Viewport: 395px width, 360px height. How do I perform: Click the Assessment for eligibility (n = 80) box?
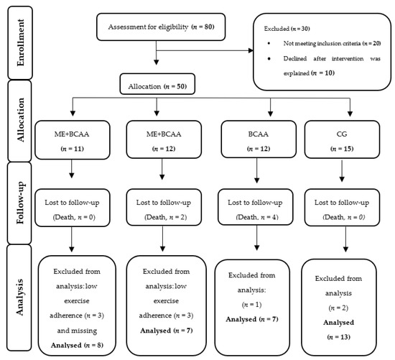pyautogui.click(x=161, y=27)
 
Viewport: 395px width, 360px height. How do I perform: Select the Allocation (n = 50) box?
pyautogui.click(x=157, y=84)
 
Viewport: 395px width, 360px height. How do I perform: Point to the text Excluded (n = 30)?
pyautogui.click(x=287, y=29)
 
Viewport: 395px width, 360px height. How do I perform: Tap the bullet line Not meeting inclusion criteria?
pyautogui.click(x=332, y=43)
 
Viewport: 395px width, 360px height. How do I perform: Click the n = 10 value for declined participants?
pyautogui.click(x=323, y=73)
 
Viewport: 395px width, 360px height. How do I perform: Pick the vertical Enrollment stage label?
pyautogui.click(x=20, y=43)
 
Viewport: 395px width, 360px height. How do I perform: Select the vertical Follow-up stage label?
pyautogui.click(x=19, y=203)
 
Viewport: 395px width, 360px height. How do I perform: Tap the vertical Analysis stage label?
pyautogui.click(x=19, y=297)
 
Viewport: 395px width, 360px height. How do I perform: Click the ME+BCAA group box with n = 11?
pyautogui.click(x=73, y=140)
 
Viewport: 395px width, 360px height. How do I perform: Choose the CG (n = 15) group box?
pyautogui.click(x=342, y=139)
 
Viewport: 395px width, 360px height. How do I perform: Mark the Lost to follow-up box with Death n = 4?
pyautogui.click(x=256, y=207)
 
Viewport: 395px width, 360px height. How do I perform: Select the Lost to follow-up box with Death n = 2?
pyautogui.click(x=164, y=207)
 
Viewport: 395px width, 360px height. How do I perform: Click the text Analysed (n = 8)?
pyautogui.click(x=77, y=345)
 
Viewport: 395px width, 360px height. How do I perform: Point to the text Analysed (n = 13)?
pyautogui.click(x=338, y=330)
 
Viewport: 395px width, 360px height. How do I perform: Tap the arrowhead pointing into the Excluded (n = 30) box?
pyautogui.click(x=251, y=50)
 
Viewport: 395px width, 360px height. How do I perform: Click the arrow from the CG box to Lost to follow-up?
pyautogui.click(x=342, y=171)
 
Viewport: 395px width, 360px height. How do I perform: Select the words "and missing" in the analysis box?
pyautogui.click(x=77, y=331)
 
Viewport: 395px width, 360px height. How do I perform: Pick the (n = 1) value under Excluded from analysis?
pyautogui.click(x=251, y=305)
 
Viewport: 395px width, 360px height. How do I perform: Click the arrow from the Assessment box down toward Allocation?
pyautogui.click(x=156, y=52)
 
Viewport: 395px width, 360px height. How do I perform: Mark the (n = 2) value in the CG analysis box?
pyautogui.click(x=338, y=308)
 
